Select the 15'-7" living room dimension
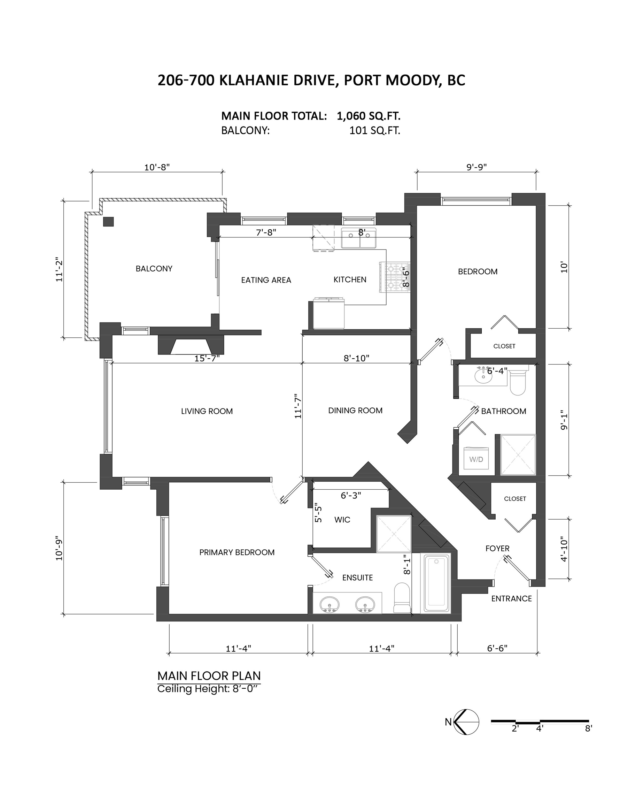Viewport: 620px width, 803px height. [207, 358]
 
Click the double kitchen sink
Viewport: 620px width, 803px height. [358, 238]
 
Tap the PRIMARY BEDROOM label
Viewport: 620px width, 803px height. [237, 552]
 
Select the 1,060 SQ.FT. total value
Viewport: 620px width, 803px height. [368, 116]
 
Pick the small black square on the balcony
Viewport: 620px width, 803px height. [108, 222]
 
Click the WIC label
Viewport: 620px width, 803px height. [342, 520]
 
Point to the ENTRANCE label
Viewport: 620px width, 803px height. [511, 598]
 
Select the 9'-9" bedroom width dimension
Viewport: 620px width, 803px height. [476, 167]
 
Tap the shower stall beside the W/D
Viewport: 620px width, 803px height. [518, 455]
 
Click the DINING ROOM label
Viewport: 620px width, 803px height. [355, 410]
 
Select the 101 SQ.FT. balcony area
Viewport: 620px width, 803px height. [374, 131]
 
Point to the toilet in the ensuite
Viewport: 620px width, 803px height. [402, 597]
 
